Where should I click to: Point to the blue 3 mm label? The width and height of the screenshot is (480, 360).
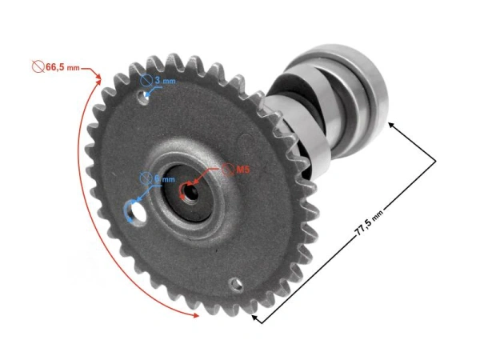(163, 81)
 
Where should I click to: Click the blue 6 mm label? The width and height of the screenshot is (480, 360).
(164, 179)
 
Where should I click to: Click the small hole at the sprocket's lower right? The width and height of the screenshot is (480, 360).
(234, 283)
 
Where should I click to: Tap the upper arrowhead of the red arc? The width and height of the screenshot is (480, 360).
(99, 77)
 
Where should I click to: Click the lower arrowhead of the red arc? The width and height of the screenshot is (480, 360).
(194, 317)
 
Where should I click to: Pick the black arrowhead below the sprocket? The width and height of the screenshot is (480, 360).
(256, 318)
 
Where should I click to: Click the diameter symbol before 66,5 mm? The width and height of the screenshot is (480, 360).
(36, 66)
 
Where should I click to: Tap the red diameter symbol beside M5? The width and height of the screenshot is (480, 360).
(228, 170)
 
